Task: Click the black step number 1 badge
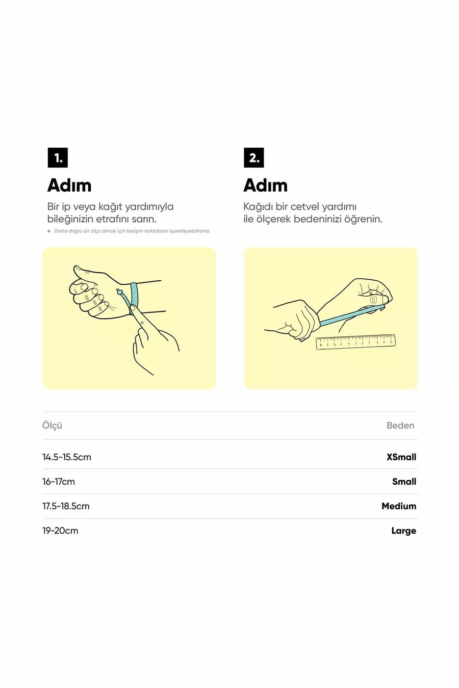coord(58,157)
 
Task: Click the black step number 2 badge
coord(254,157)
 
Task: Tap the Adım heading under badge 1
coord(69,186)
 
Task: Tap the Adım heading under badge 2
coord(266,186)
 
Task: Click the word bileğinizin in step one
coord(70,220)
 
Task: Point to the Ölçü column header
coord(52,426)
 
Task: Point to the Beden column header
coord(400,426)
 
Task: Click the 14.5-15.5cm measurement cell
coord(67,457)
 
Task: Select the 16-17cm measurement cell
coord(59,482)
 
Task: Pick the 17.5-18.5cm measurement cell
coord(66,506)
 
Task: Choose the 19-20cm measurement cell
coord(60,531)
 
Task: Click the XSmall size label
coord(401,457)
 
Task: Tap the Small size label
coord(404,482)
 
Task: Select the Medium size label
coord(399,506)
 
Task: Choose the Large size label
coord(403,531)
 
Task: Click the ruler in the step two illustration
coord(355,342)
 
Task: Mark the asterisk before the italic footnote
coord(49,231)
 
